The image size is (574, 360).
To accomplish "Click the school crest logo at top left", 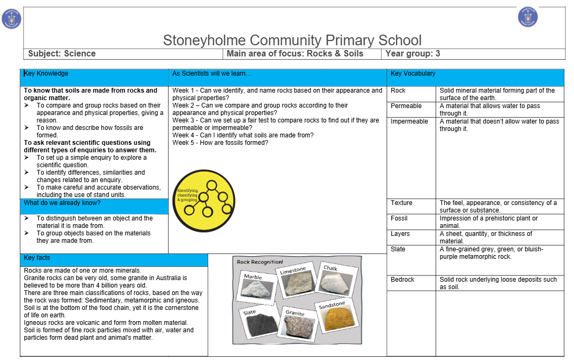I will tap(11, 19).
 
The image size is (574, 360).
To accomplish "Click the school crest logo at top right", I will tap(528, 17).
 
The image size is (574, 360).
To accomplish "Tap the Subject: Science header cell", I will tap(62, 54).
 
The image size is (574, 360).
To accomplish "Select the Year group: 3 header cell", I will tap(413, 54).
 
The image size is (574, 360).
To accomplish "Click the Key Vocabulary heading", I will tap(413, 73).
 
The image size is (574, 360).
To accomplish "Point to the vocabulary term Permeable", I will tap(406, 107).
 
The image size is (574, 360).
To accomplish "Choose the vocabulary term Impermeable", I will tap(409, 121).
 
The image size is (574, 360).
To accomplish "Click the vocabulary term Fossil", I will tap(399, 218).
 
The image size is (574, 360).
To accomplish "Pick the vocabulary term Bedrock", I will tap(402, 280).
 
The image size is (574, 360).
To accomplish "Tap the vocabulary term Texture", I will tap(401, 203).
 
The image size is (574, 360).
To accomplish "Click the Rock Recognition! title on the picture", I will tap(260, 262).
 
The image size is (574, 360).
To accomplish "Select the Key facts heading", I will tap(37, 258).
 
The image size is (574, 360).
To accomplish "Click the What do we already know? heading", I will tap(62, 203).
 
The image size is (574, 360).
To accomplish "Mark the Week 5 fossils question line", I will tap(220, 143).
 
